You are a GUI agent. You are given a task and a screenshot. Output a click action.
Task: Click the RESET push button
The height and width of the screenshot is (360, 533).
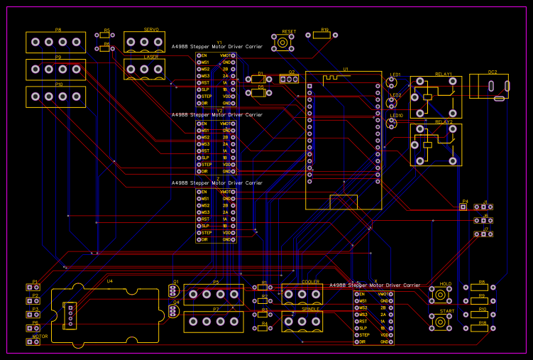point(283,43)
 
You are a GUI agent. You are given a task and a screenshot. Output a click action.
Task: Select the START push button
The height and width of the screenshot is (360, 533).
point(441,322)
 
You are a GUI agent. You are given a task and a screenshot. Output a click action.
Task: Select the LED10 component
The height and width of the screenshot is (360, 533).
point(390,124)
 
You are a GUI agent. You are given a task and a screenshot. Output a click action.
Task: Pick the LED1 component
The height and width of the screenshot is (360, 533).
point(390,83)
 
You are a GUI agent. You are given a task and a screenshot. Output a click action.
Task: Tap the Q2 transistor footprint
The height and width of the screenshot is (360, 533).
point(289,80)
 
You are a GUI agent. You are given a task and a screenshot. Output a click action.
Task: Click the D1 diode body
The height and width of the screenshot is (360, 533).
point(259,80)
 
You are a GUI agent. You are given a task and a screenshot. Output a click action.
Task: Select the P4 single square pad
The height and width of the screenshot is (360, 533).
point(463,207)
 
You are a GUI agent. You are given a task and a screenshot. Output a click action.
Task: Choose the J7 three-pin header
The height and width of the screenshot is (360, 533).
point(483,234)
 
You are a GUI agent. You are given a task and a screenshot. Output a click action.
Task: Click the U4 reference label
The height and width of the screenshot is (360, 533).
point(109,281)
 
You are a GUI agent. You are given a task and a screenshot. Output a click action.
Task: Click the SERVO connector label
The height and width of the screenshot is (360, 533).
point(151,29)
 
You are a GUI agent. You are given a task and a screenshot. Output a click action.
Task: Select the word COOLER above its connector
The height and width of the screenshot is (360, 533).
point(310,282)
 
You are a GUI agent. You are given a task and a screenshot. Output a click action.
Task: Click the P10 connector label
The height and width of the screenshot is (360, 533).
point(58,84)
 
